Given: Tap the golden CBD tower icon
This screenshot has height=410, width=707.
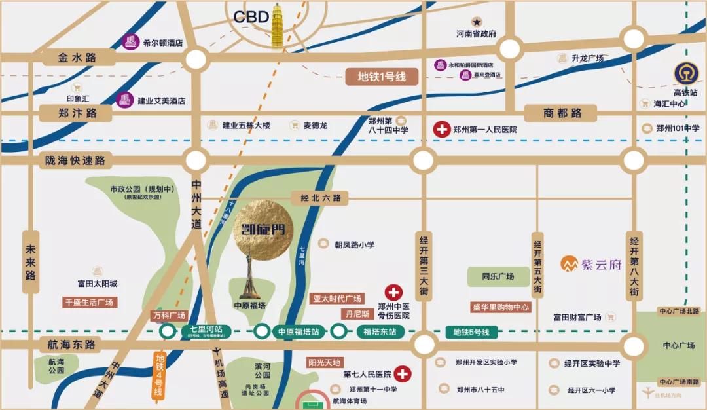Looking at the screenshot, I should [x=281, y=26].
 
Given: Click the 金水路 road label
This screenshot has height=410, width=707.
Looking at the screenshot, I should [x=77, y=58].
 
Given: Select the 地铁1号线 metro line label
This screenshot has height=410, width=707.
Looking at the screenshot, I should [x=382, y=77].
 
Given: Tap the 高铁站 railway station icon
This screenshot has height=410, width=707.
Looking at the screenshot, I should [x=685, y=73].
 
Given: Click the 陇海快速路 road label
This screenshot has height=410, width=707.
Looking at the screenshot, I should [x=76, y=160].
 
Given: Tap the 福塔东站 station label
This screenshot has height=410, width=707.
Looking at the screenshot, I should [x=380, y=331].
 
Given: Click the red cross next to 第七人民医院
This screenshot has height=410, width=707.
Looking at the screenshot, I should [x=403, y=374].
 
